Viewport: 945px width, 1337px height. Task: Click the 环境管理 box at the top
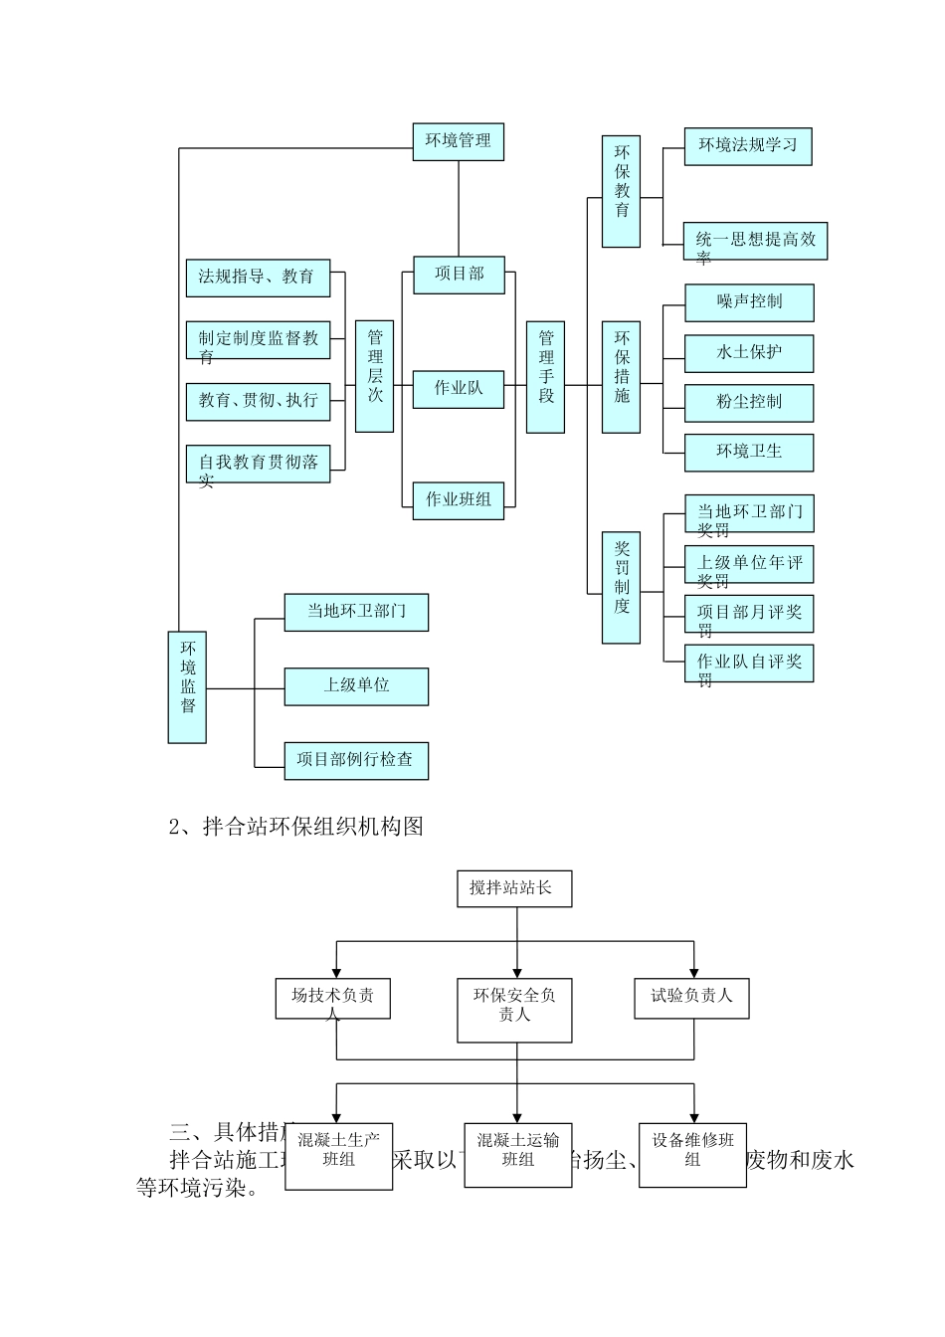coord(459,141)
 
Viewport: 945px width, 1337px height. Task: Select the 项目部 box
coord(459,275)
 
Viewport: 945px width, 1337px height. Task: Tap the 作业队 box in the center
coord(459,388)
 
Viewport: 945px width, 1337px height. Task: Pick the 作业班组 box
coord(459,499)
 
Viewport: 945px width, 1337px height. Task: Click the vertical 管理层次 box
coord(375,376)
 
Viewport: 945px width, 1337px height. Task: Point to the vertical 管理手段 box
coord(545,376)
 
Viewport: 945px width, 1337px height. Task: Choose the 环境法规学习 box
coord(748,145)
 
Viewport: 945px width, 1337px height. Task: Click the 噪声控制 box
coord(749,302)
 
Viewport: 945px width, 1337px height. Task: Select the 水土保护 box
coord(749,353)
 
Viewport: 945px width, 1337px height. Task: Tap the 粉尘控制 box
coord(749,403)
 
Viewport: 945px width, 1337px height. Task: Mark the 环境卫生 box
coord(749,452)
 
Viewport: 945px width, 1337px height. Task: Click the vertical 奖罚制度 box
coord(622,587)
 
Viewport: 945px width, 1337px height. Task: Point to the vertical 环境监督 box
coord(187,686)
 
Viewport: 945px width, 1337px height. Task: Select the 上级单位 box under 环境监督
coord(356,686)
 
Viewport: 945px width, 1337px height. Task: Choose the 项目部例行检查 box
coord(356,760)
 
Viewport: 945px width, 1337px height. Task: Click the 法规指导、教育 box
coord(258,278)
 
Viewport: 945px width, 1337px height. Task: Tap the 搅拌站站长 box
coord(516,888)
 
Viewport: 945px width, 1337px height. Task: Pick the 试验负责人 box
coord(691,998)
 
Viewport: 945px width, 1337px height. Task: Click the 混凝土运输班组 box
coord(517,1154)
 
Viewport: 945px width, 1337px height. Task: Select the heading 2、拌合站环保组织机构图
coord(296,827)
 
